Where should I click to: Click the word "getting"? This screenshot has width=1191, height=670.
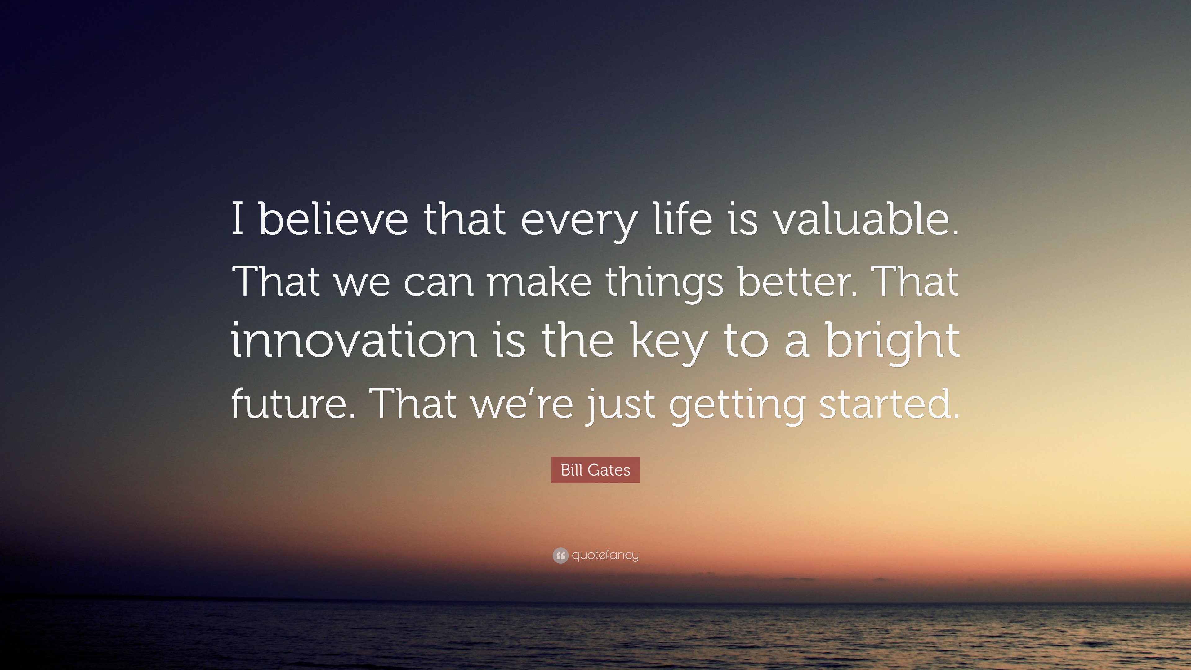tap(737, 406)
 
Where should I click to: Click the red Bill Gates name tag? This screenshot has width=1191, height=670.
tap(595, 470)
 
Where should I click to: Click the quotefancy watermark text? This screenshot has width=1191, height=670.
tap(605, 555)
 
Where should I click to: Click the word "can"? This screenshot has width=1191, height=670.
tap(438, 283)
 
